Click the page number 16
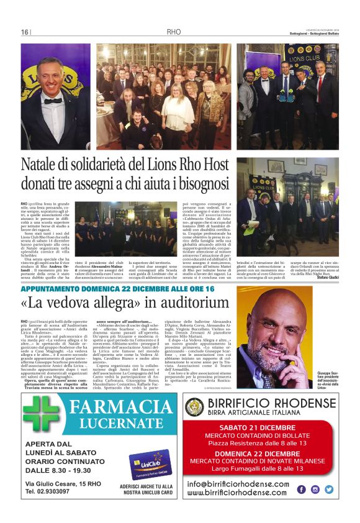point(25,32)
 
